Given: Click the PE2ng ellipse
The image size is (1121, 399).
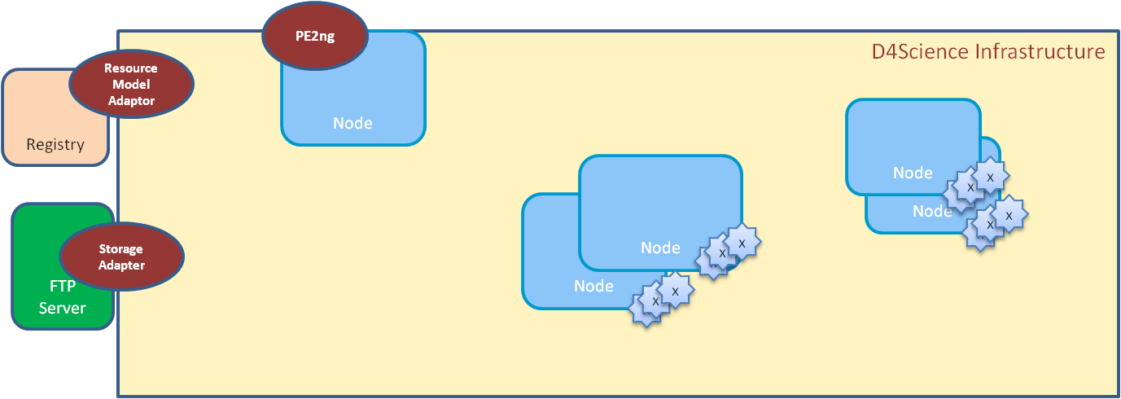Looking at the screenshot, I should [x=314, y=36].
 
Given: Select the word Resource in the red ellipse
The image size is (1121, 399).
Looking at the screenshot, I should [x=130, y=69].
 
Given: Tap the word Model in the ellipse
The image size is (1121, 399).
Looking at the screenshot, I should [x=130, y=85].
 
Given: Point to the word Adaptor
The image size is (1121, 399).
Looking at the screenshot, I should [x=130, y=100].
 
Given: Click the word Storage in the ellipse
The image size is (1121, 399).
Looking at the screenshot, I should [x=120, y=249].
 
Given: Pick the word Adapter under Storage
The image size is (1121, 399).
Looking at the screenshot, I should [x=121, y=265].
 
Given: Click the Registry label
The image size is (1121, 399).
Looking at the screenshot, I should [x=55, y=145].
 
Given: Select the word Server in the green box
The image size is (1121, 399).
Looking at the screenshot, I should [x=63, y=309].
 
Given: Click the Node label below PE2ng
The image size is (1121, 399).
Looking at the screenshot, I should [x=353, y=124].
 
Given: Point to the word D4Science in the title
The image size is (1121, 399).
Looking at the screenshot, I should [x=920, y=52].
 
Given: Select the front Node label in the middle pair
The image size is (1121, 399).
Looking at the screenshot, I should [x=660, y=248].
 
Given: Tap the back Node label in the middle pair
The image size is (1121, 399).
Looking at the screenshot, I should [x=593, y=286].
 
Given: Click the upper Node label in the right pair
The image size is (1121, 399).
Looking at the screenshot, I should [x=913, y=173].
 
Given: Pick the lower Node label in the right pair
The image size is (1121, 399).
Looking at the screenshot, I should [x=932, y=211].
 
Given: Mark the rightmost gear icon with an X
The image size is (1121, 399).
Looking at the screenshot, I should [x=1009, y=215].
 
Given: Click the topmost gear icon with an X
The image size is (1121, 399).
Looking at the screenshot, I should [x=990, y=177].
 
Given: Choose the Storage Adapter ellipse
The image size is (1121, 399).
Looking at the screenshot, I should [x=121, y=257].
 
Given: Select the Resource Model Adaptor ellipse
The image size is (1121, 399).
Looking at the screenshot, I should [x=131, y=85].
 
